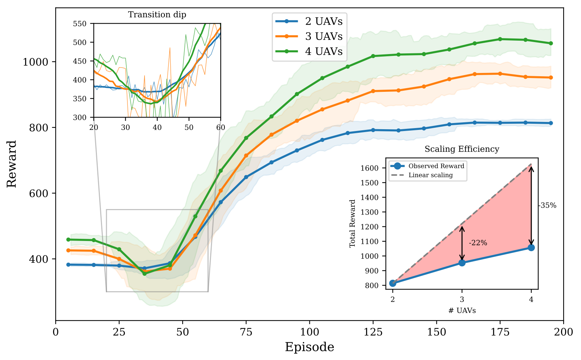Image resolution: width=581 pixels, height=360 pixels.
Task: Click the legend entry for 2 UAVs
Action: [324, 21]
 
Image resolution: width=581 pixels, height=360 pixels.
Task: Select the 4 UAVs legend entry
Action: [324, 52]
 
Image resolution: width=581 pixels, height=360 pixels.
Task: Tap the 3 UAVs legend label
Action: [324, 36]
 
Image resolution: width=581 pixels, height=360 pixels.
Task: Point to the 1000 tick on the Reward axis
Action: [35, 62]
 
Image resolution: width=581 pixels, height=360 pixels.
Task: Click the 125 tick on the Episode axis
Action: [373, 332]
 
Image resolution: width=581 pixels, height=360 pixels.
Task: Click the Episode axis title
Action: [309, 347]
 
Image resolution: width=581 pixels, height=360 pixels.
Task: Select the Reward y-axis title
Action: [12, 164]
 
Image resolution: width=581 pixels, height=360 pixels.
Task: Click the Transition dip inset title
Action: [157, 15]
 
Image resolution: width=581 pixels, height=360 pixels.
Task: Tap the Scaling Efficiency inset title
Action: [462, 149]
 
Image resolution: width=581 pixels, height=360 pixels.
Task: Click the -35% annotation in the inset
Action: [547, 205]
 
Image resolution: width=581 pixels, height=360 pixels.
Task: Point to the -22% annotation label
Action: [478, 243]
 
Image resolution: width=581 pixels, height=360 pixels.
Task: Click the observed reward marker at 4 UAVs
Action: [531, 247]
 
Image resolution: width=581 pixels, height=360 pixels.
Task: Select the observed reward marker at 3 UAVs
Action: [462, 263]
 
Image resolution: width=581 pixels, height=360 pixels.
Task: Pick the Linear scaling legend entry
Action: [430, 175]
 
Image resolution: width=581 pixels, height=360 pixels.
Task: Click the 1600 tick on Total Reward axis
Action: [369, 168]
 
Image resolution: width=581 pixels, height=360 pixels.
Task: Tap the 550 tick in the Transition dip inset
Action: [80, 24]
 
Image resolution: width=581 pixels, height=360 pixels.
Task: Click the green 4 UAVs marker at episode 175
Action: [500, 39]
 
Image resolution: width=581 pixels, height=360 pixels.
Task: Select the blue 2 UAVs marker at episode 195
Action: [551, 123]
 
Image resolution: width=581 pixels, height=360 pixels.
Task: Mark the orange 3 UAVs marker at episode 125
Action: [373, 91]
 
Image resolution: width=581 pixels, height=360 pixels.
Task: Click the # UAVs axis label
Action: [462, 311]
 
